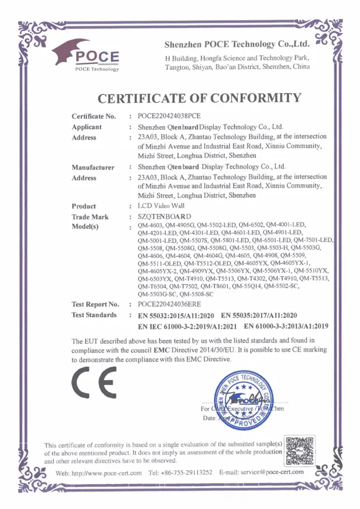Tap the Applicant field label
(86, 127)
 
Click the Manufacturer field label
(92, 167)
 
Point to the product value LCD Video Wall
(161, 206)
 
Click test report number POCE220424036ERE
(174, 304)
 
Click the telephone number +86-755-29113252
(186, 472)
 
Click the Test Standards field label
(94, 315)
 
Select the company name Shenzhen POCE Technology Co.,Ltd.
(237, 44)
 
